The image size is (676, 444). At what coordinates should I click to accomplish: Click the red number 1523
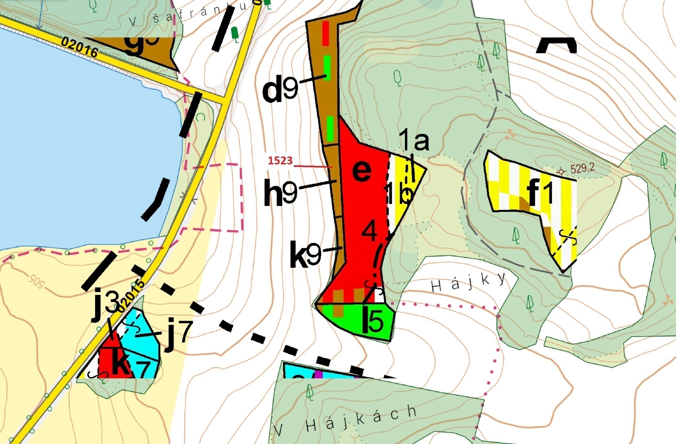click(280, 161)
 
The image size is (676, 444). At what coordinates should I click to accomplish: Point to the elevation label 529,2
click(583, 168)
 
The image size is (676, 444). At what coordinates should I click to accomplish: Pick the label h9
click(280, 192)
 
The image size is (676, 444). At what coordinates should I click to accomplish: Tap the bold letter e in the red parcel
click(362, 171)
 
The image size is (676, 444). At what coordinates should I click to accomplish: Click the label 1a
click(413, 141)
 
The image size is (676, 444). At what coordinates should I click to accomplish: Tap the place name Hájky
click(468, 282)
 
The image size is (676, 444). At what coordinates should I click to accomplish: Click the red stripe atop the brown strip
click(326, 33)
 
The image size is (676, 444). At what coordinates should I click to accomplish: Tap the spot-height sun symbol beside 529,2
click(561, 172)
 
